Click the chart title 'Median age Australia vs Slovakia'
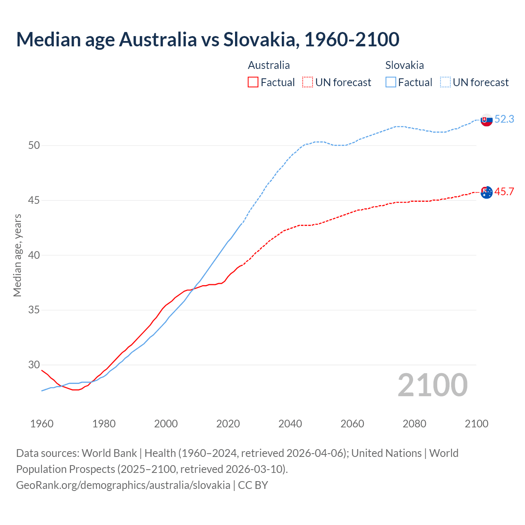pos(208,39)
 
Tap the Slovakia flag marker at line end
pos(486,120)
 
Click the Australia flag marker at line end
pos(486,192)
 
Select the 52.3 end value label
pos(504,119)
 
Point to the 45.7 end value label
pos(504,192)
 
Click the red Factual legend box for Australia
pos(253,82)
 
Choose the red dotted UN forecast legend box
pos(308,82)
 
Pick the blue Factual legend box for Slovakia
pos(391,82)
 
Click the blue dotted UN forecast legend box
pos(445,82)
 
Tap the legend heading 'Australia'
pos(269,65)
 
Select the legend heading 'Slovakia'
pos(404,65)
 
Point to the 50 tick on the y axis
pos(34,146)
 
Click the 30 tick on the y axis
pos(34,365)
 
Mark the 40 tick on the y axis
pos(34,255)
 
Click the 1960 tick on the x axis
pos(42,424)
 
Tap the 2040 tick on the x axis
pos(290,424)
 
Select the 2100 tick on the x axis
pos(477,424)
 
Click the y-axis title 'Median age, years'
pos(17,255)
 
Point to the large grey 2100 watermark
pos(433,385)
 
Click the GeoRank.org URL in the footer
pos(123,485)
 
